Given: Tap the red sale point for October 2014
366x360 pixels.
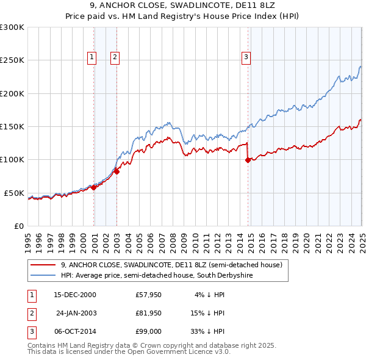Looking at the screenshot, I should [x=248, y=160].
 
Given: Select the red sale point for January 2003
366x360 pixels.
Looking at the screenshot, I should [x=117, y=171].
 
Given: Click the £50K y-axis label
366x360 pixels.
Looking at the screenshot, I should [x=14, y=193].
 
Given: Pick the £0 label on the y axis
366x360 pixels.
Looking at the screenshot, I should [x=18, y=226].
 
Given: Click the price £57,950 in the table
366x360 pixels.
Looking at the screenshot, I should [x=148, y=295].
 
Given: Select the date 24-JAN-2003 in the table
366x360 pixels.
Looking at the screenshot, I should [x=76, y=313].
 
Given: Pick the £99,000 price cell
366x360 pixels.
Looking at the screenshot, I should [x=148, y=331].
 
